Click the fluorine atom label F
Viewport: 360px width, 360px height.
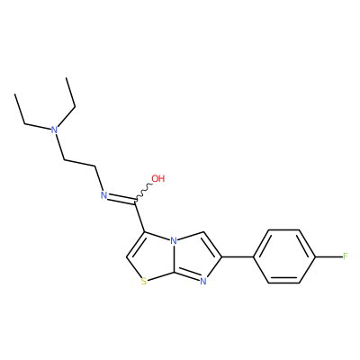click(x=345, y=256)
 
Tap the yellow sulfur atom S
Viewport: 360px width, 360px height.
click(x=144, y=282)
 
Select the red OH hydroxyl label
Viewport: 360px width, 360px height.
click(x=158, y=178)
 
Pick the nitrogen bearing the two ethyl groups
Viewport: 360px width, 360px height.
click(x=54, y=130)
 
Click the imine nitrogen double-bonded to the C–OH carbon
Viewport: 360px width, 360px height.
click(x=103, y=195)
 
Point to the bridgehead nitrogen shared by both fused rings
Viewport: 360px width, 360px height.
click(x=173, y=240)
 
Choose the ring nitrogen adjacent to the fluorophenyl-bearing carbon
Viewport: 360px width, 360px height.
click(x=203, y=282)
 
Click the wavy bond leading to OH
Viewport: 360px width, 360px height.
click(x=144, y=192)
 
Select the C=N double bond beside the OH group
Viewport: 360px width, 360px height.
click(x=121, y=199)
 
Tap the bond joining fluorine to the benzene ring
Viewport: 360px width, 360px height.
click(x=328, y=256)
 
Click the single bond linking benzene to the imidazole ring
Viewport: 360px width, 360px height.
click(x=238, y=256)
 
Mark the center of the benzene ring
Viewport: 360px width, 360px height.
click(x=284, y=256)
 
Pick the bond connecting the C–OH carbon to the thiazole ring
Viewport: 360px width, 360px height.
click(x=140, y=217)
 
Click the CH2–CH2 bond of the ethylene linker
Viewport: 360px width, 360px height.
click(x=80, y=162)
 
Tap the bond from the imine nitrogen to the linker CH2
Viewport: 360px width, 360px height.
click(x=99, y=178)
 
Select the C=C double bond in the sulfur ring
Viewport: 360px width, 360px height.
click(x=136, y=245)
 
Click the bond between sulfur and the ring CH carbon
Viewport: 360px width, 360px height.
click(x=134, y=267)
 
